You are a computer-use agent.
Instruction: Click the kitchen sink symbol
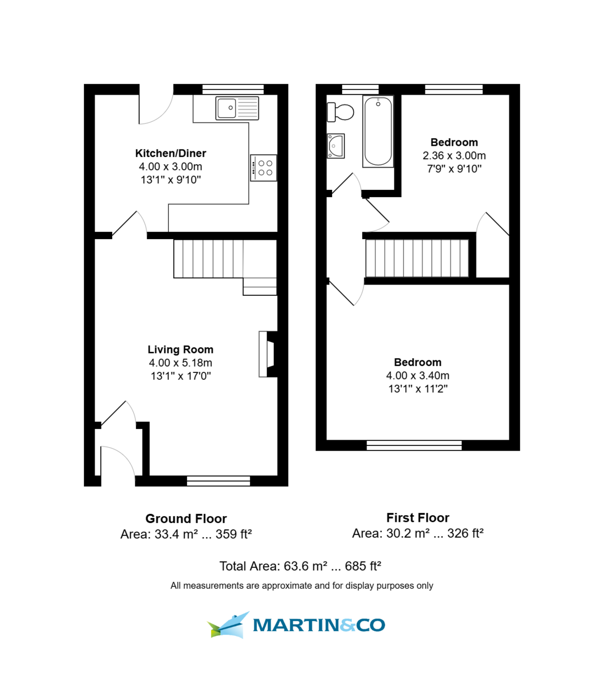[x=237, y=108]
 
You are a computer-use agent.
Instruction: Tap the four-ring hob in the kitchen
[x=264, y=168]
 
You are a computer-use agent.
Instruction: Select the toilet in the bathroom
[x=340, y=112]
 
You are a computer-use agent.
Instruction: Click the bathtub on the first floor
[x=378, y=131]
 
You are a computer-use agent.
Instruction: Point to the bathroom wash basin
[x=336, y=146]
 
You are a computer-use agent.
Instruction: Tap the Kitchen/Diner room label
[x=171, y=153]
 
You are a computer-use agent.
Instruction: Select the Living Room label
[x=180, y=350]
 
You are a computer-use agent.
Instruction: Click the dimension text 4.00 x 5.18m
[x=180, y=363]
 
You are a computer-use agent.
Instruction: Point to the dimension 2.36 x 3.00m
[x=454, y=155]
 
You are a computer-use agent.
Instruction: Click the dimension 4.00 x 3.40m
[x=418, y=375]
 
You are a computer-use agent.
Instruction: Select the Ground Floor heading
[x=186, y=518]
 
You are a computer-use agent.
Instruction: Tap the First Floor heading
[x=418, y=517]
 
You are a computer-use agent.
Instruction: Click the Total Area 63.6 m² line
[x=300, y=566]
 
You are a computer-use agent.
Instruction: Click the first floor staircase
[x=417, y=258]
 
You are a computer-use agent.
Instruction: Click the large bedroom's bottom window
[x=414, y=445]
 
